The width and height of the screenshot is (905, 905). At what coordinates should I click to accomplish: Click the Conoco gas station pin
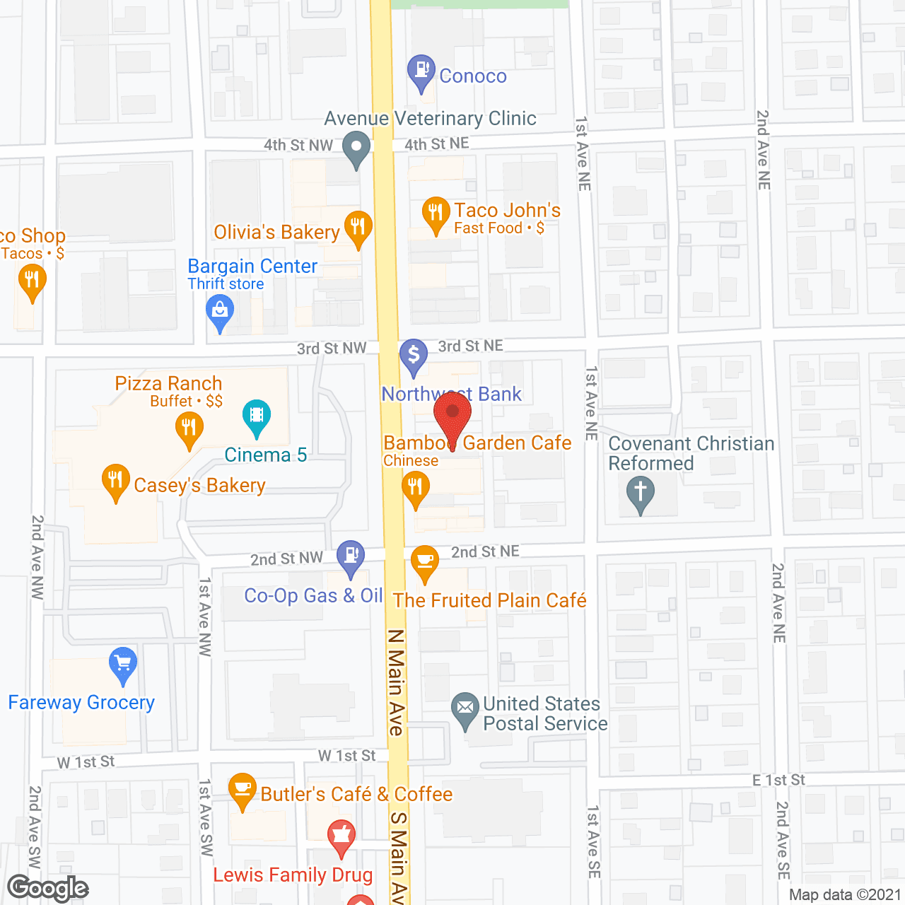click(x=421, y=71)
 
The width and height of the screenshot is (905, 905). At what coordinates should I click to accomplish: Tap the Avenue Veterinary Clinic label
click(x=430, y=119)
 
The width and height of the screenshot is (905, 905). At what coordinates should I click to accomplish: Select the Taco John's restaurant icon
click(x=436, y=213)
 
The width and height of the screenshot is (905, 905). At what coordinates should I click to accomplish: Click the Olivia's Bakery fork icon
click(x=358, y=227)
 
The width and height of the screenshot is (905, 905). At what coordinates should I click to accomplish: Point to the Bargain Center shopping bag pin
click(x=220, y=311)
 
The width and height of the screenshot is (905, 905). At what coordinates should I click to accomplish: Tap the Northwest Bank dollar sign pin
click(x=414, y=356)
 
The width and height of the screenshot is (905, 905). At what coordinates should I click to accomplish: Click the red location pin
click(x=452, y=414)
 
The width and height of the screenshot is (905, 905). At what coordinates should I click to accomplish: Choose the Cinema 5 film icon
click(x=257, y=415)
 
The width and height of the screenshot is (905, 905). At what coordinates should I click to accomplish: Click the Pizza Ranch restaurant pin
click(x=189, y=428)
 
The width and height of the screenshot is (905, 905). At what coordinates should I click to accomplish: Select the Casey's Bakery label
click(x=199, y=486)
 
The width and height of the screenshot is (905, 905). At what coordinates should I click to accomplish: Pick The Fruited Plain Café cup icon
click(x=424, y=561)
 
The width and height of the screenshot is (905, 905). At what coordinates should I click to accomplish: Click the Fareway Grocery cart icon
click(x=123, y=664)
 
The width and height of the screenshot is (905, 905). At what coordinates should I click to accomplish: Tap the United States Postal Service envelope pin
click(x=465, y=708)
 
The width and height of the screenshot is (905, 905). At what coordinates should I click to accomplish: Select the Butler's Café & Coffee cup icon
click(x=243, y=789)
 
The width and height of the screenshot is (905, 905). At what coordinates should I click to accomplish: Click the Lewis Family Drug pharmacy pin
click(x=341, y=836)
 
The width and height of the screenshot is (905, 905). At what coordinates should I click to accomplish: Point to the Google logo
click(x=48, y=888)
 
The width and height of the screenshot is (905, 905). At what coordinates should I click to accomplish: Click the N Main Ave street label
click(x=395, y=682)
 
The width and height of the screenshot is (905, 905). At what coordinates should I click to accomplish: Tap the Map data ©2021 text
click(x=845, y=895)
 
